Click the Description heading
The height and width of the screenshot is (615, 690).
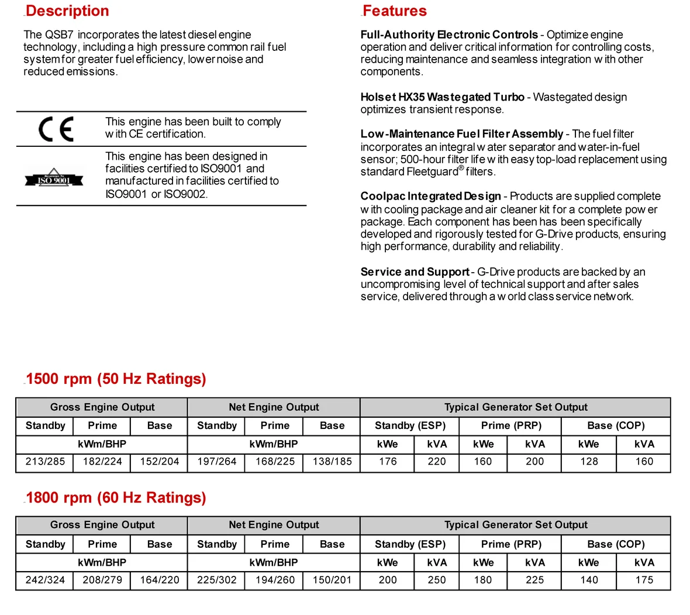[x=67, y=11]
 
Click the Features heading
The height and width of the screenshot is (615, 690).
[x=394, y=11]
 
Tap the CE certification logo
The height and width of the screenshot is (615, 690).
[x=56, y=129]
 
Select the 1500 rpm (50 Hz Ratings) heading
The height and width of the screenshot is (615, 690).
[x=116, y=379]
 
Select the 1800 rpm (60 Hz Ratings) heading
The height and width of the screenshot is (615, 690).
[x=116, y=497]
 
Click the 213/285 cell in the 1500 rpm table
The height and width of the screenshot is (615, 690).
[x=45, y=461]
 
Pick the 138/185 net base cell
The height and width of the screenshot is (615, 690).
[x=332, y=461]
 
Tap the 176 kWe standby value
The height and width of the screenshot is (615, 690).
[x=388, y=461]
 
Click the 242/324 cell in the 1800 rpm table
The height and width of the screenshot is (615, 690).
[x=45, y=580]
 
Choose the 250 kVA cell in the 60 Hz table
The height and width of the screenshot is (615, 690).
[x=437, y=580]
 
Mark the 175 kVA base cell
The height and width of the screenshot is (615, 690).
[x=644, y=580]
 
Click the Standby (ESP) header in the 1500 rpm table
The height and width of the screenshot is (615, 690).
[x=410, y=425]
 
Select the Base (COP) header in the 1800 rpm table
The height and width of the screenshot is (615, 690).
[x=616, y=544]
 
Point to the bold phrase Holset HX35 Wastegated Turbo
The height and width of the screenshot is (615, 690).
[x=442, y=97]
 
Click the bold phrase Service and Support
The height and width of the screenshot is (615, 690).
[x=415, y=272]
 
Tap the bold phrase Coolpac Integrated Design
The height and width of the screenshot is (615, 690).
[x=430, y=196]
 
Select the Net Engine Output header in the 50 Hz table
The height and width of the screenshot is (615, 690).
[x=274, y=407]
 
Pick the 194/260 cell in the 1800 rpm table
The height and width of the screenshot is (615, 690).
[x=275, y=580]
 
